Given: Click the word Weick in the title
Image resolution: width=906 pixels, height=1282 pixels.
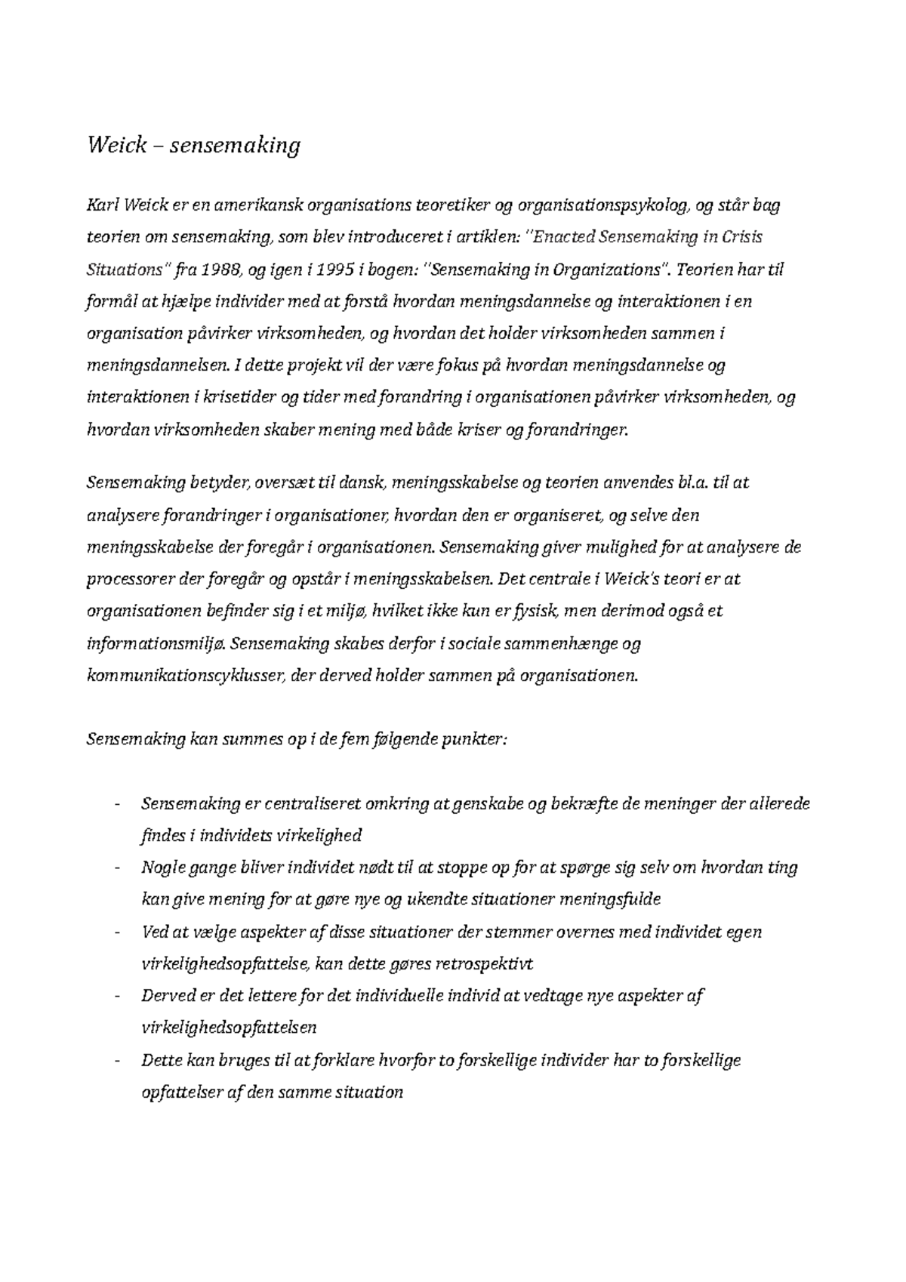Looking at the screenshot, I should [x=116, y=145].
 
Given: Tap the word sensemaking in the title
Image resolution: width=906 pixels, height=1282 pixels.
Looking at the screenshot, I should [x=235, y=145].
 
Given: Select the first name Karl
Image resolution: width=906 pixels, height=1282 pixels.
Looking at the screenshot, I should [x=103, y=205].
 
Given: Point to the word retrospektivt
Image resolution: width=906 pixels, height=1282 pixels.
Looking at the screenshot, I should [x=487, y=964].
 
